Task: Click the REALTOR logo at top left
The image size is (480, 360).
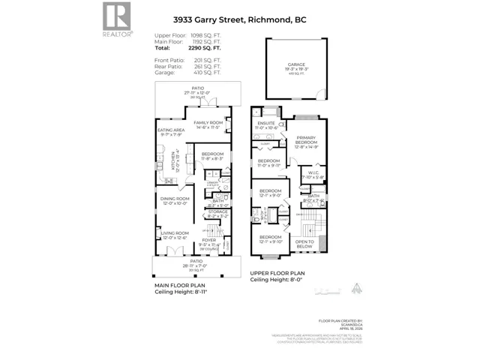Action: [x=116, y=19]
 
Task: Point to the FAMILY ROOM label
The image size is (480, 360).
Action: [x=208, y=123]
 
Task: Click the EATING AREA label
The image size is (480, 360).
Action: [x=171, y=130]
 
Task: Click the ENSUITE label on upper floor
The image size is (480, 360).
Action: [x=267, y=124]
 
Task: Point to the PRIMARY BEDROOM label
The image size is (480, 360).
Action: [x=306, y=140]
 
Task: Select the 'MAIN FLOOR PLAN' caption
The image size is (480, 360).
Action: [x=179, y=286]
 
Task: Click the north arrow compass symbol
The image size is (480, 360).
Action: [x=357, y=286]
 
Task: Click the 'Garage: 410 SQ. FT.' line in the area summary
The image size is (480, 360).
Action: [x=187, y=73]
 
